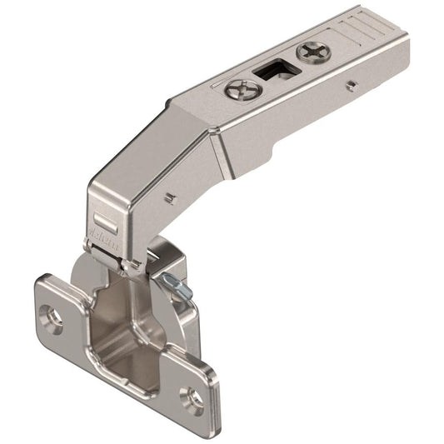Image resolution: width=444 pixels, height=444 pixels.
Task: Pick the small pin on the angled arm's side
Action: [169, 198]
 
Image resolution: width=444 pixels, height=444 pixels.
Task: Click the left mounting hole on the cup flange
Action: [52, 318]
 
